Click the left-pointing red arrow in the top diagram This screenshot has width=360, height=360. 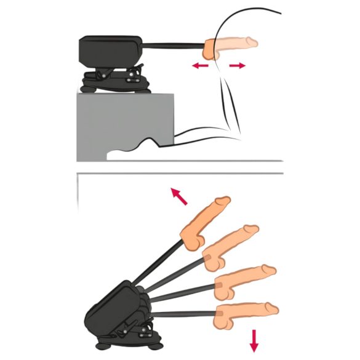click(198, 65)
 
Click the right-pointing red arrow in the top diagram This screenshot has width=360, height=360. click(235, 65)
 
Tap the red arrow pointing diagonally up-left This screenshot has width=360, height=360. click(178, 196)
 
